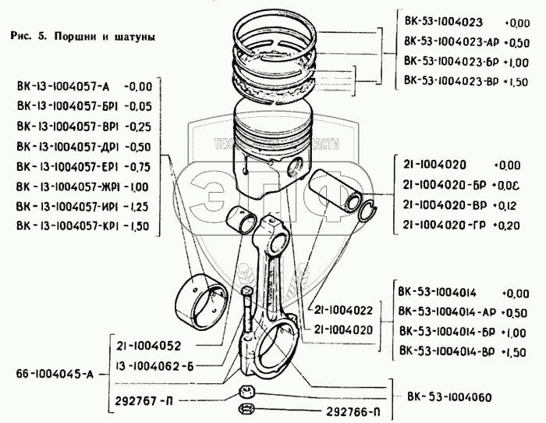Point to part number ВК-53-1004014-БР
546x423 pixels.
click(448, 332)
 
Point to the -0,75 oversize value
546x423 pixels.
click(141, 166)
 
